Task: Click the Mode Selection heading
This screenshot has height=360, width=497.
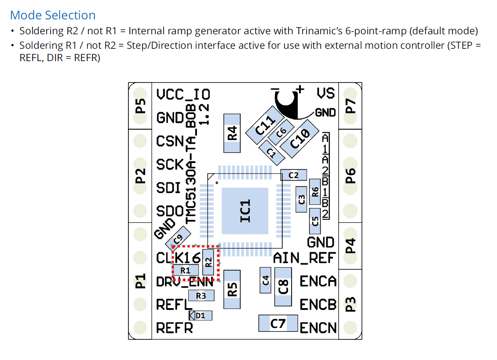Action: click(53, 15)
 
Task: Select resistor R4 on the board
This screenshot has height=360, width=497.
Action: click(232, 133)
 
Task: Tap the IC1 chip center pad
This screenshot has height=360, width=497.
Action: click(245, 211)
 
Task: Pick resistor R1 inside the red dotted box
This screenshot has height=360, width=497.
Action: click(186, 270)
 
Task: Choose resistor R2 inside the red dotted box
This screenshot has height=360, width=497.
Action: click(208, 262)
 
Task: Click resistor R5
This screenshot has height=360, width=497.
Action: click(232, 289)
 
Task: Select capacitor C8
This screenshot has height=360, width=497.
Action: click(283, 287)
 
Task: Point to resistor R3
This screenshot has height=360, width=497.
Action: click(201, 295)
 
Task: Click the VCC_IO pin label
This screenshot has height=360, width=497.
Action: click(183, 95)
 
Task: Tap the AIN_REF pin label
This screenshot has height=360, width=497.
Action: click(304, 258)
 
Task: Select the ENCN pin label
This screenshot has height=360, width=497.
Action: click(318, 327)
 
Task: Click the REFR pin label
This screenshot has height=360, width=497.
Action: click(175, 328)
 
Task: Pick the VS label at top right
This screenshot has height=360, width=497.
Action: click(326, 93)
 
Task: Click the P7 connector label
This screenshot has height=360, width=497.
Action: click(350, 106)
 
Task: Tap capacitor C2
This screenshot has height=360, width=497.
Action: click(293, 175)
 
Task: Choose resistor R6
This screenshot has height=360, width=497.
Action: click(314, 192)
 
